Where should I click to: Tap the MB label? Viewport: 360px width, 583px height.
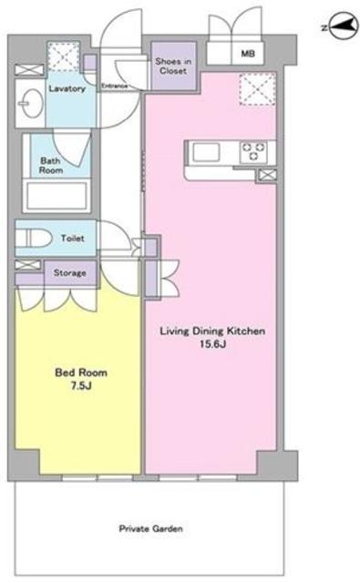[248, 54]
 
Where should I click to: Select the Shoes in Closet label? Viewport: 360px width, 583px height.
[173, 66]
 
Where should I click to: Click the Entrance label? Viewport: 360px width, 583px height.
[115, 86]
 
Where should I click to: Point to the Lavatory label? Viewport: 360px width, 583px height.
[67, 88]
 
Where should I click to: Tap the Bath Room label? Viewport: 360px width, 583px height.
[51, 166]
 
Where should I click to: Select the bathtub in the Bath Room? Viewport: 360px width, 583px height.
[57, 195]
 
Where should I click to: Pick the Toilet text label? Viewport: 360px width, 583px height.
[73, 238]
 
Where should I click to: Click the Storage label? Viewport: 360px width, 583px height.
[70, 273]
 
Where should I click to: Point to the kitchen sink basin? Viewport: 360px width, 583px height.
[206, 152]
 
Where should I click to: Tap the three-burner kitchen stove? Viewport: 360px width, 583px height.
[253, 152]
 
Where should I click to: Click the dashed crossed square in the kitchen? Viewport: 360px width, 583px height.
[258, 89]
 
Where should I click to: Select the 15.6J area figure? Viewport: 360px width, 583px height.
[212, 344]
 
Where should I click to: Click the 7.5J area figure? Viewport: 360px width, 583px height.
[81, 385]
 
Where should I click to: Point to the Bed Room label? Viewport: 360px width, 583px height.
[81, 373]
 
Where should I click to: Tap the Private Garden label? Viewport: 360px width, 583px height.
[150, 528]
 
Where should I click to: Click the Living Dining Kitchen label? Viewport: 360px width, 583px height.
[212, 331]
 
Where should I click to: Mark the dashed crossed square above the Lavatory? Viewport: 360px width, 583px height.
[64, 56]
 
